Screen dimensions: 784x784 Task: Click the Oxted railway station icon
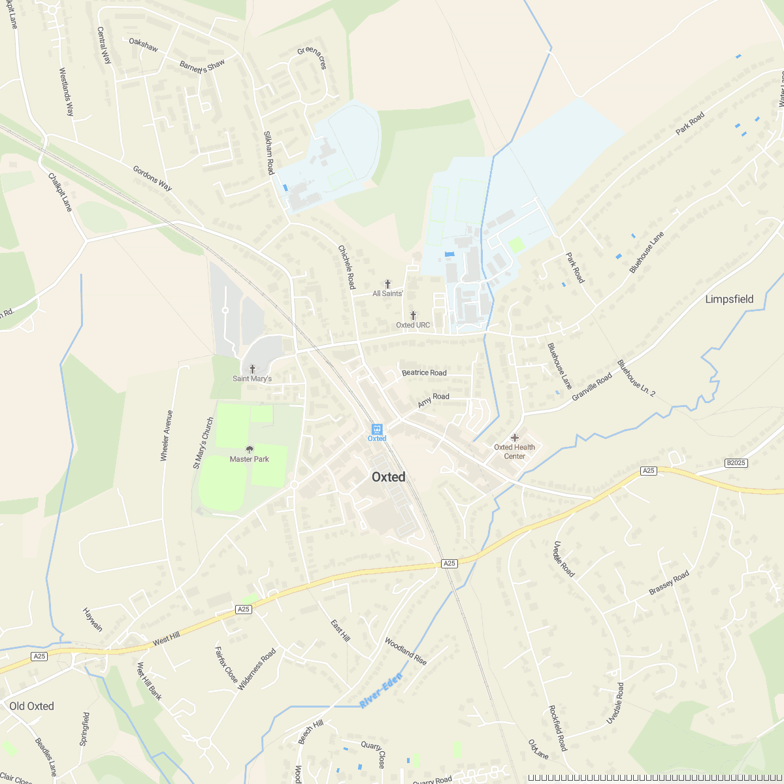click(377, 429)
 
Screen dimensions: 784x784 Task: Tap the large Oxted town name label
click(389, 477)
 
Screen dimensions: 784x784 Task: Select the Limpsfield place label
click(729, 299)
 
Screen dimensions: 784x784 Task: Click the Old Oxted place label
click(31, 706)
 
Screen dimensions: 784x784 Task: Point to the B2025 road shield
click(736, 463)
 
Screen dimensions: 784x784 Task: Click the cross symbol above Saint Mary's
click(252, 369)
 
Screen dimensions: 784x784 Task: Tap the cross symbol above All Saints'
click(387, 284)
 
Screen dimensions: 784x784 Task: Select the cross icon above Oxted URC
click(413, 316)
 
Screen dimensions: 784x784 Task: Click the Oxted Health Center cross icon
click(514, 438)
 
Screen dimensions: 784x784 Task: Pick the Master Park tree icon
click(250, 449)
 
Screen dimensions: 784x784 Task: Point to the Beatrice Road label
click(424, 372)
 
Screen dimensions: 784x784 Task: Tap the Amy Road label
click(434, 400)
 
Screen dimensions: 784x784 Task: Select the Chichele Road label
click(346, 267)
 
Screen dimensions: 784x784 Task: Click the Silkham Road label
click(269, 153)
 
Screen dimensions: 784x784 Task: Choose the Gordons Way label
click(152, 178)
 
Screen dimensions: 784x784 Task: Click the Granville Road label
click(592, 387)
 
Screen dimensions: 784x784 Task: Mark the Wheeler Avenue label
click(167, 436)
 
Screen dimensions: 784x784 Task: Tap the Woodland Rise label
click(406, 651)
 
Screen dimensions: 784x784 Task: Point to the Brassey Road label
click(669, 583)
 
